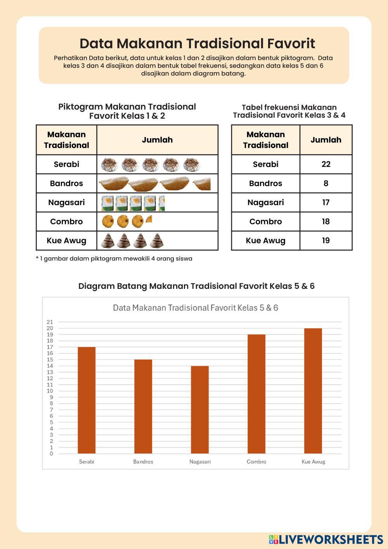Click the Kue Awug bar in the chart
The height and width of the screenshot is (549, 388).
(x=313, y=391)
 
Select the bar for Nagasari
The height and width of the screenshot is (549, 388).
(x=200, y=410)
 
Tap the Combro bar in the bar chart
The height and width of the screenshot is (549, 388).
(x=256, y=394)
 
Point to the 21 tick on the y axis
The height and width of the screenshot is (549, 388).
(x=50, y=322)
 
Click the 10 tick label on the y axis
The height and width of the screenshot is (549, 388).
(x=50, y=391)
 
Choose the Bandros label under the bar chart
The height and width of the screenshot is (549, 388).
(x=143, y=462)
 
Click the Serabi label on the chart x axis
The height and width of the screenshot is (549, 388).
(x=87, y=462)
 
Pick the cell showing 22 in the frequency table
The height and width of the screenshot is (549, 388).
(x=326, y=164)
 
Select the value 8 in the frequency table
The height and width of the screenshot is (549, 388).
(x=326, y=183)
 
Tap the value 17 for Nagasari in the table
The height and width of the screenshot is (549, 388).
(x=326, y=202)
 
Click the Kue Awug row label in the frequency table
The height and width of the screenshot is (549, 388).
(x=265, y=241)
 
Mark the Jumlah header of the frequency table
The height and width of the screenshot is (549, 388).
(x=326, y=140)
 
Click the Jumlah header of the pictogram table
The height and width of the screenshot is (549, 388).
(x=157, y=140)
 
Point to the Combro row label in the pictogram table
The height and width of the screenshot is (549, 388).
(x=66, y=222)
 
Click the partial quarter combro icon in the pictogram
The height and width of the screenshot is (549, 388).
(x=149, y=219)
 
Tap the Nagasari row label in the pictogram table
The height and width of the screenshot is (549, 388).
(x=66, y=202)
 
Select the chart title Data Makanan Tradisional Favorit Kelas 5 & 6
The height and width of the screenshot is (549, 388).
(x=196, y=308)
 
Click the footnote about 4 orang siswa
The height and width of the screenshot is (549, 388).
(x=114, y=259)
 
